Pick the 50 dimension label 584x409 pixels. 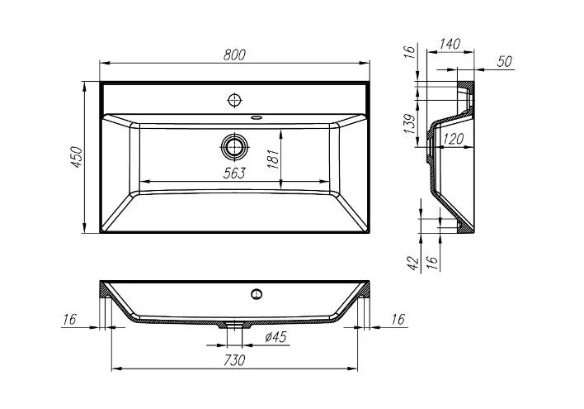coord(504,62)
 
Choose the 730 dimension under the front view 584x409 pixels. coord(235,360)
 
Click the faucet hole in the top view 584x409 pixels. coord(235,100)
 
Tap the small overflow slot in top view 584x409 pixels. coord(257,117)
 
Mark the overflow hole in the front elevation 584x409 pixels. coord(257,292)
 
